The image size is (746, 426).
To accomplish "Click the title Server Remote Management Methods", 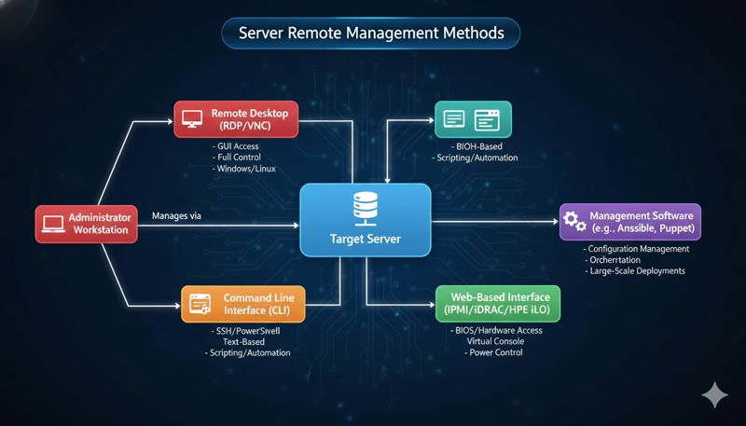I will point(371,33).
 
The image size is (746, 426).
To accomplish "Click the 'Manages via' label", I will point(176,216).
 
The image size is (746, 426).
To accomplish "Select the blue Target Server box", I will point(366,220).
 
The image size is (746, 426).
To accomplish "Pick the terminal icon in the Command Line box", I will point(199,304).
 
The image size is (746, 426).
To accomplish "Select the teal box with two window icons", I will point(473,119).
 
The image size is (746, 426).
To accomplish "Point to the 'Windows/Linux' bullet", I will point(244,169).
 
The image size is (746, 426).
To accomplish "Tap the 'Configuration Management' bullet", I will point(639,249).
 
